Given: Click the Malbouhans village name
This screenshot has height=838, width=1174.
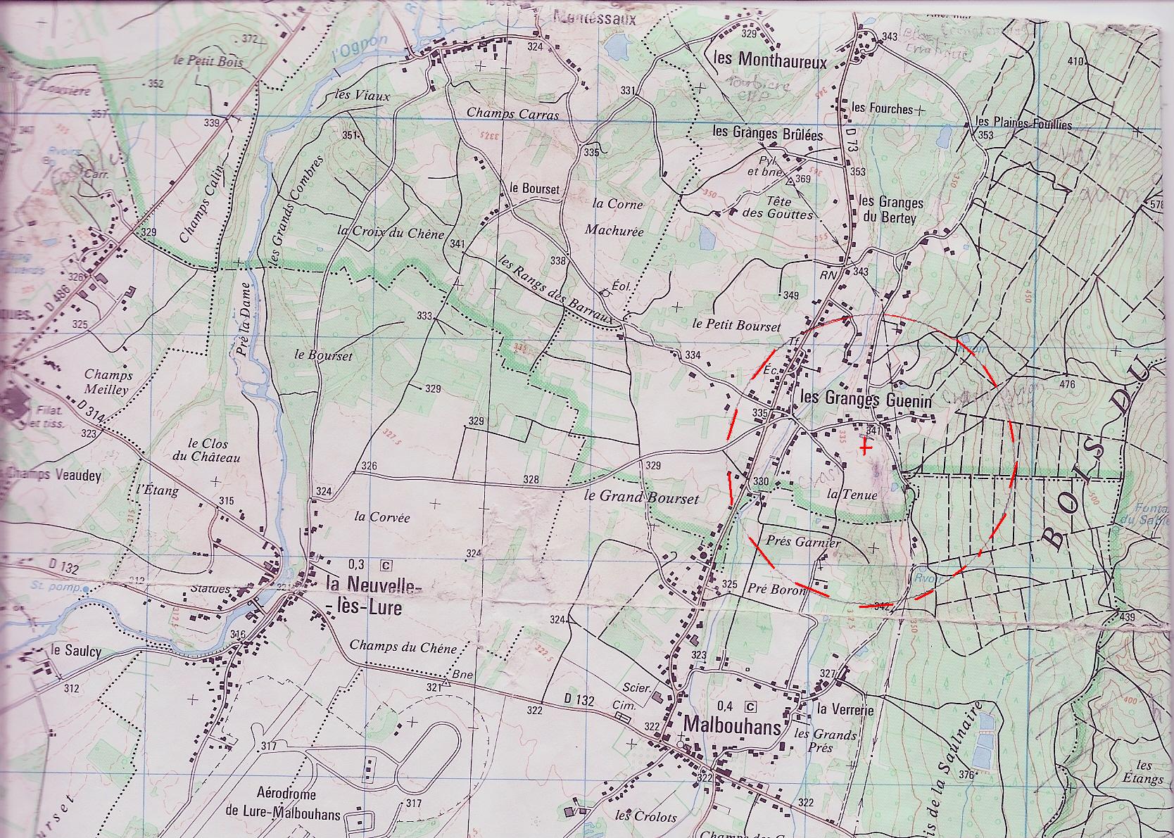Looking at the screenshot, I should click(x=731, y=725).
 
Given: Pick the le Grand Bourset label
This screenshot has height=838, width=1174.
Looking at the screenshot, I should click(x=641, y=497).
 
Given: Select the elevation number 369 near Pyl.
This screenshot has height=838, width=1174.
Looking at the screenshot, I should click(x=803, y=180).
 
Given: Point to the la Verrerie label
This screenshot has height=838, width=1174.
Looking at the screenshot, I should click(x=845, y=710).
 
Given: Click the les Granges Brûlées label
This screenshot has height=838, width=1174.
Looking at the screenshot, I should click(x=767, y=133).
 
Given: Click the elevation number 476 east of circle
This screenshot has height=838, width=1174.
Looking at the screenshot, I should click(x=1067, y=385).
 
